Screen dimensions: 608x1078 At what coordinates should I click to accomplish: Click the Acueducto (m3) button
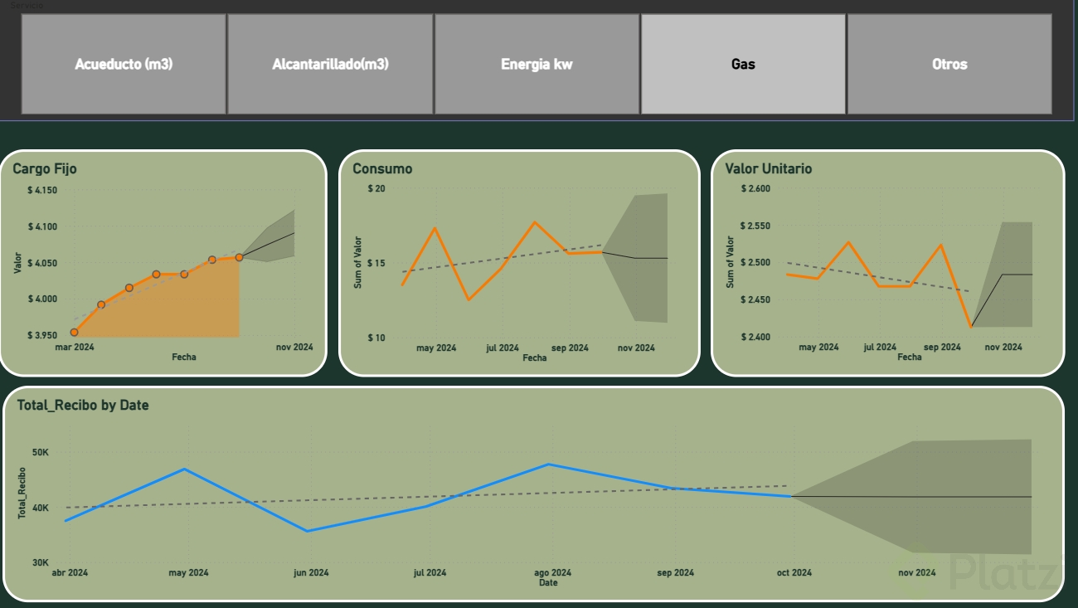click(124, 64)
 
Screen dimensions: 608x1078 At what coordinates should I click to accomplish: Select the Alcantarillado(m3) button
click(330, 64)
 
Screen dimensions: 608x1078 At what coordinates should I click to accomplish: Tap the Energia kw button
click(537, 64)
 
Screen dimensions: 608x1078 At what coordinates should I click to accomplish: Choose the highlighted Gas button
click(743, 64)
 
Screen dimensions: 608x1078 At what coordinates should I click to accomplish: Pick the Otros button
click(949, 64)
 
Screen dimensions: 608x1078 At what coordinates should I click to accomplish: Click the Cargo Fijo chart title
click(45, 168)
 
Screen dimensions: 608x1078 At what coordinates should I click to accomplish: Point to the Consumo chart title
click(382, 168)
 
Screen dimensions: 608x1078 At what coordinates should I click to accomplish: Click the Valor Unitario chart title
click(769, 168)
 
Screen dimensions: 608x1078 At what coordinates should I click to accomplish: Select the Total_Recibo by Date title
click(83, 405)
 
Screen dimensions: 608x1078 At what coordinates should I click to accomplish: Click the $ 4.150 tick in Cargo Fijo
click(42, 191)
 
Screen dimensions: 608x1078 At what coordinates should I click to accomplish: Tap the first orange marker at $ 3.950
click(74, 332)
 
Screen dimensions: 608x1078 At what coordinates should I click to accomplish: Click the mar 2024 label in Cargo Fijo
click(75, 348)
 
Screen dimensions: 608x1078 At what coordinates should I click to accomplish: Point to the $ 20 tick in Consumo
click(376, 189)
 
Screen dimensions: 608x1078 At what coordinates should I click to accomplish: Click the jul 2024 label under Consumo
click(502, 348)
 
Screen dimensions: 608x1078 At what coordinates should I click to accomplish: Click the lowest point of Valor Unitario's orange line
click(971, 327)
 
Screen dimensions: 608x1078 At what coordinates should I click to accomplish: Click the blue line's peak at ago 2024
click(548, 464)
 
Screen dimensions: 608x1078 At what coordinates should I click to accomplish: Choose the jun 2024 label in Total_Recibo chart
click(312, 572)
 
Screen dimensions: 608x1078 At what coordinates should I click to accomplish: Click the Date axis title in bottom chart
click(548, 582)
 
